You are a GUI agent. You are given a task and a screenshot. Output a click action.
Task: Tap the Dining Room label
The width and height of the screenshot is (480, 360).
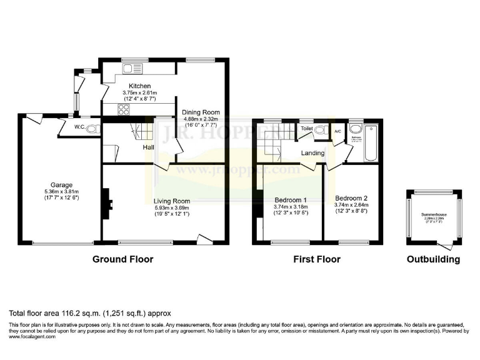(201, 112)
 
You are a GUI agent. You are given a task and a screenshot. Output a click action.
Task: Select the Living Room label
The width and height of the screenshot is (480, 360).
(172, 201)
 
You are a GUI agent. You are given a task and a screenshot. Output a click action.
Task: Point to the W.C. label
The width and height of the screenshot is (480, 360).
(79, 128)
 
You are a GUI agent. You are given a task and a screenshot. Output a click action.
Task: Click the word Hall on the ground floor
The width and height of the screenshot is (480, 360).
(149, 147)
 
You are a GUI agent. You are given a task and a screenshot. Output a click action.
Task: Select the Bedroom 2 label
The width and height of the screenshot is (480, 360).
(351, 198)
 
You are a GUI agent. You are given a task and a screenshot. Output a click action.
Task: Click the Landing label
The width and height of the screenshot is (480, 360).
(313, 153)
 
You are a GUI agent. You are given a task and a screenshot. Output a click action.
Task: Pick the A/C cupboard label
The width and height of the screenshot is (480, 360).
(337, 131)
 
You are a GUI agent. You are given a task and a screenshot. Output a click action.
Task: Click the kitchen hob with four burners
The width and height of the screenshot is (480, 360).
(123, 111)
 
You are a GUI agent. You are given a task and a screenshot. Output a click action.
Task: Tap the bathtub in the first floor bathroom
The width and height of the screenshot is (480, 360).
(371, 142)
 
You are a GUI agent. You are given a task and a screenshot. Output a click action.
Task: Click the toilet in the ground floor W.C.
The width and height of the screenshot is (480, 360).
(93, 129)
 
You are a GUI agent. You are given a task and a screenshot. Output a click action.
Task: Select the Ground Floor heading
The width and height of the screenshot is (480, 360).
(122, 259)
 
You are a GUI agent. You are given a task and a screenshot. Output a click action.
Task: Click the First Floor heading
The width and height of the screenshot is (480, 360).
(316, 259)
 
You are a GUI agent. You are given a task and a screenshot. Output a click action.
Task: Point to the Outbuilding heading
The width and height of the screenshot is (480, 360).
(433, 259)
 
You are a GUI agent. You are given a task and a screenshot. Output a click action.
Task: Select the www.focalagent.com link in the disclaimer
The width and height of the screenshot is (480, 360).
(32, 336)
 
